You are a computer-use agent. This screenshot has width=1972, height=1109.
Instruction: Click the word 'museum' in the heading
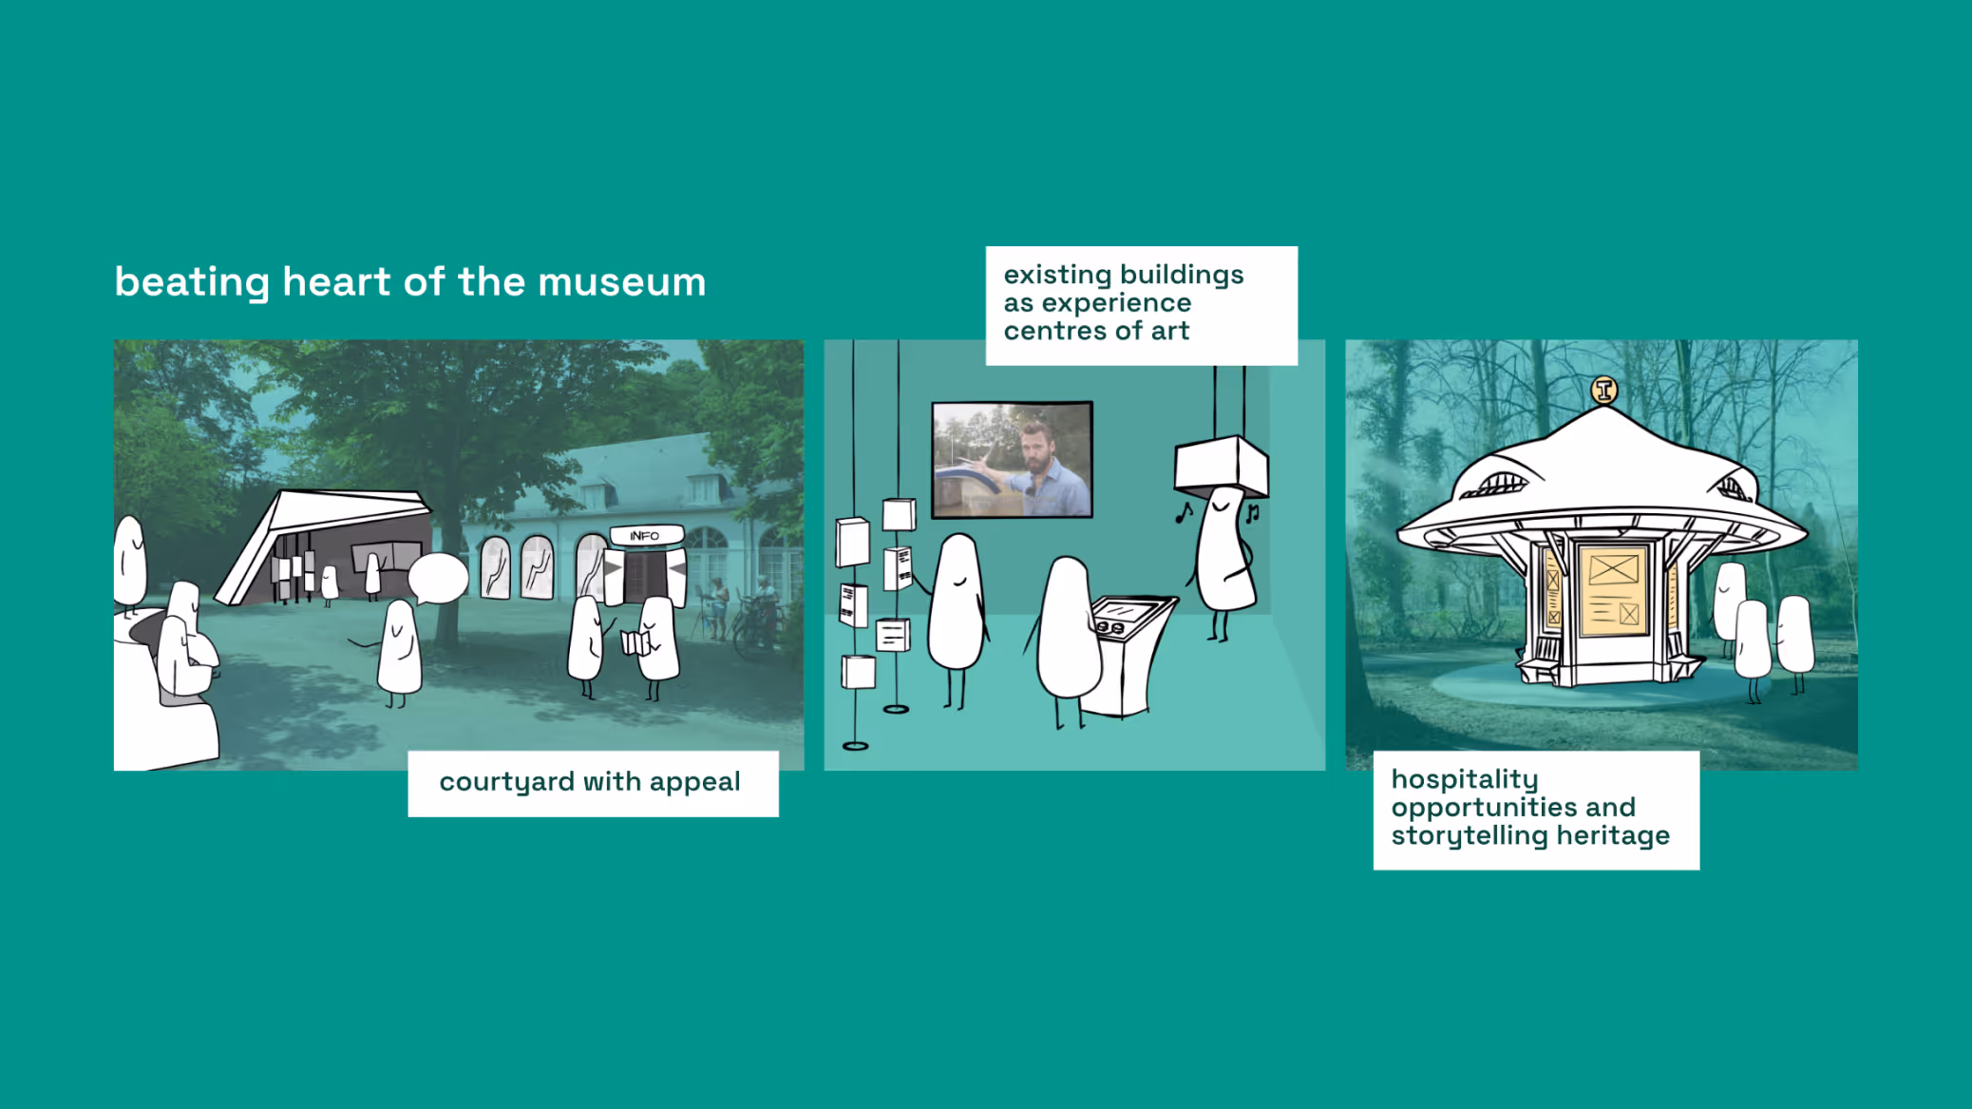click(622, 282)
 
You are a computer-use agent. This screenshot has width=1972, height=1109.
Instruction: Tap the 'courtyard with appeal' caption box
click(593, 783)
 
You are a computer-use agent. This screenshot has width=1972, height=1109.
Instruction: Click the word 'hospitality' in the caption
click(1465, 780)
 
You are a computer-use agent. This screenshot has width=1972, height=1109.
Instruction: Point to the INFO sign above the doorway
click(645, 535)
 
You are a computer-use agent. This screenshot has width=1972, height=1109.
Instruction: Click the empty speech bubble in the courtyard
click(438, 578)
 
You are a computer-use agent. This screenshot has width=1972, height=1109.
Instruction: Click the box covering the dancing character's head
click(1222, 466)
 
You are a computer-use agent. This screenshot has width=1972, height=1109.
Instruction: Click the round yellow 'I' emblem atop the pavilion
click(1604, 390)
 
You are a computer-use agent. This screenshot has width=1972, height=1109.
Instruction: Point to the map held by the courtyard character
click(637, 642)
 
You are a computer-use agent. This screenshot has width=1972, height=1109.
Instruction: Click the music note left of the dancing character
click(1184, 513)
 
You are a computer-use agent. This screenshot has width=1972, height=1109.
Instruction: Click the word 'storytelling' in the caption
click(1470, 836)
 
